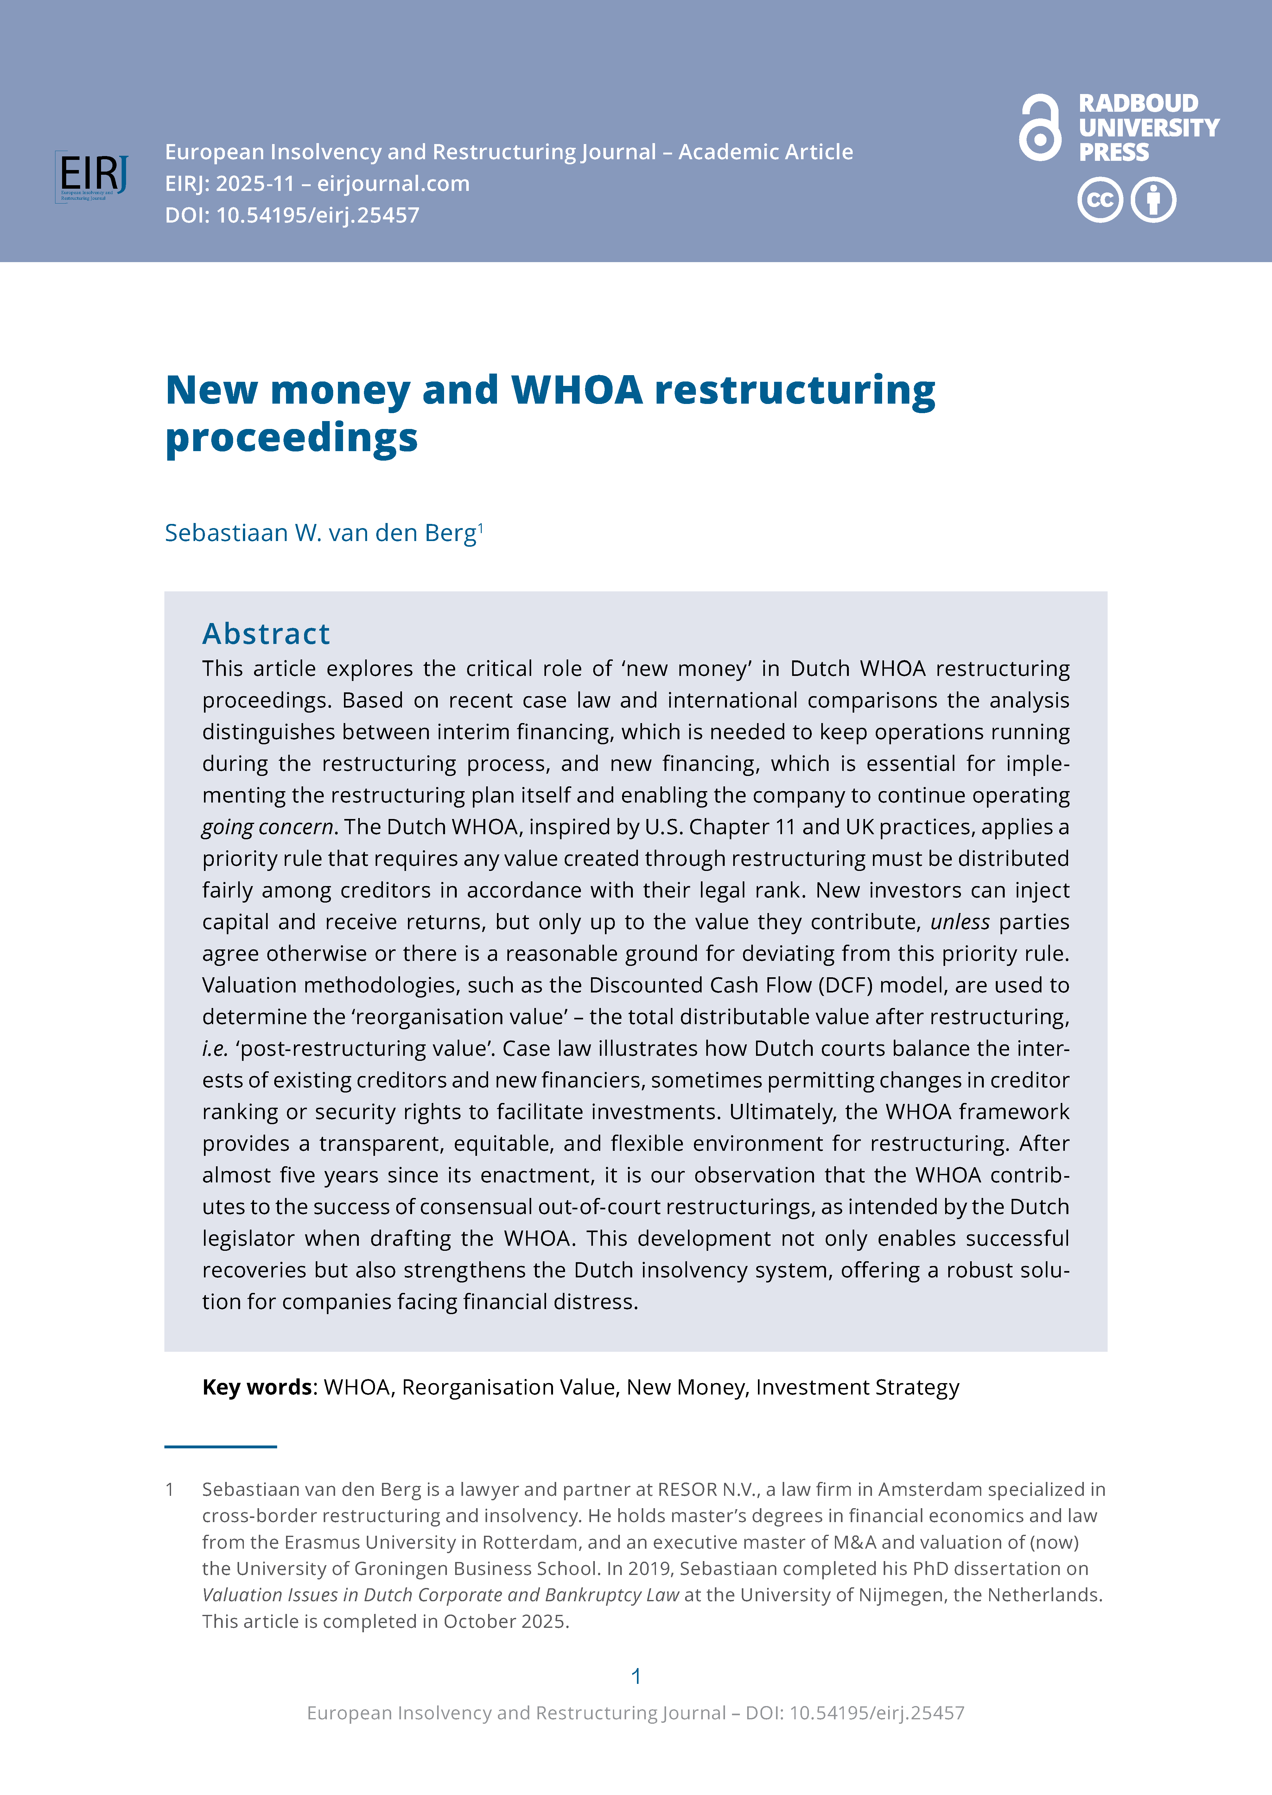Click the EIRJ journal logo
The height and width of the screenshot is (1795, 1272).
[x=92, y=176]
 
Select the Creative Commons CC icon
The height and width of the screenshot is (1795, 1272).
[x=1100, y=200]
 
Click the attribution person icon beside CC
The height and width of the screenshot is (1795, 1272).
[x=1153, y=200]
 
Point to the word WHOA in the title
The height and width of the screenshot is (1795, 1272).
[x=576, y=390]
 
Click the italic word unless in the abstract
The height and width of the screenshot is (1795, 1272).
[x=959, y=922]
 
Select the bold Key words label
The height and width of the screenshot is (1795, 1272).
[x=257, y=1387]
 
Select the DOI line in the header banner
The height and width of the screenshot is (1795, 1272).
[x=292, y=215]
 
